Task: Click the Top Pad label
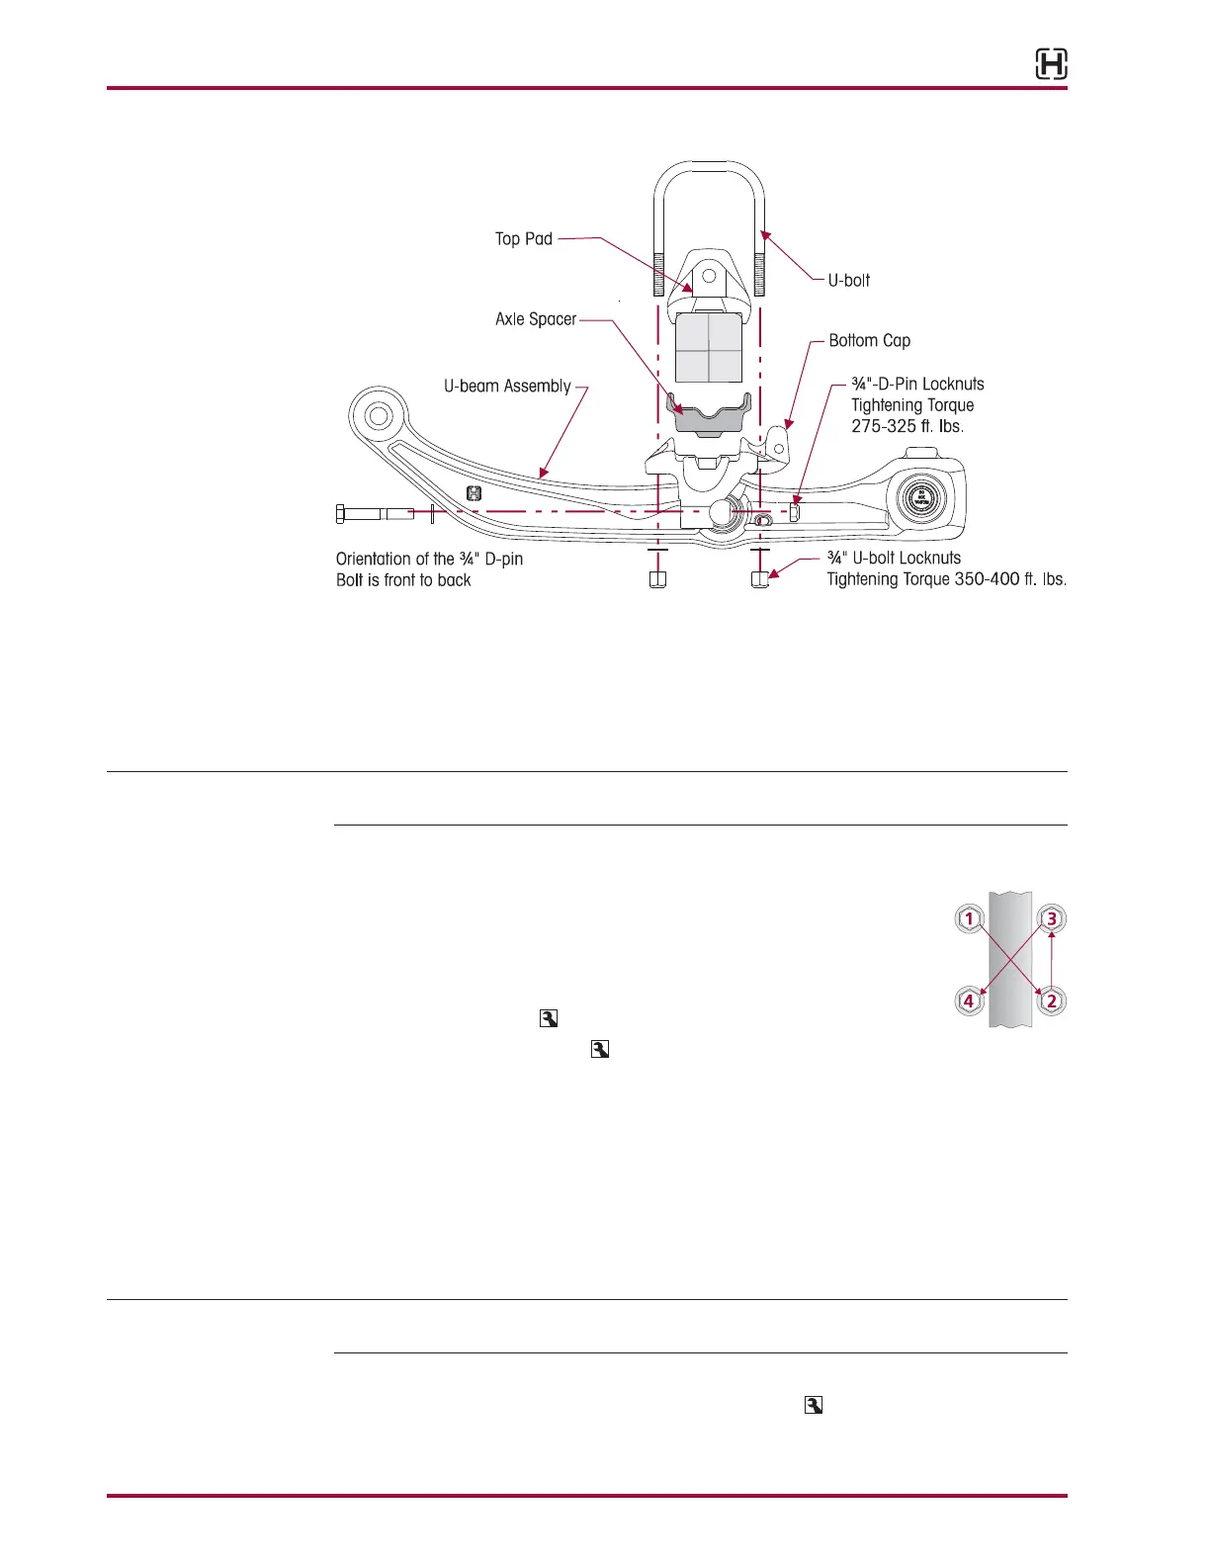coord(524,239)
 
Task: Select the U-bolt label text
coord(849,281)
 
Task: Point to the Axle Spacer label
coord(536,319)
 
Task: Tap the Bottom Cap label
coord(869,341)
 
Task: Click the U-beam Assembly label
coord(507,387)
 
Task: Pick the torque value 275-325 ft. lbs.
coord(907,427)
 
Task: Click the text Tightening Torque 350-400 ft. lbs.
coord(946,579)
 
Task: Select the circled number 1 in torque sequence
coord(969,918)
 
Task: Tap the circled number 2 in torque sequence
coord(1051,1000)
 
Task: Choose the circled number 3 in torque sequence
coord(1051,918)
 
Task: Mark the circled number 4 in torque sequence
coord(969,1000)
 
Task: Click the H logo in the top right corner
coord(1051,65)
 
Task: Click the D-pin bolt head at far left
coord(342,513)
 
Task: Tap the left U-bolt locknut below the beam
coord(657,579)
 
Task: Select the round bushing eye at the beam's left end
coord(379,414)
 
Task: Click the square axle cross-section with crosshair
coord(709,348)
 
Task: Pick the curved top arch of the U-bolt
coord(709,168)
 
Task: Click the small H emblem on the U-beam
coord(475,493)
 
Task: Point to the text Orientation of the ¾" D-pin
coord(429,560)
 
